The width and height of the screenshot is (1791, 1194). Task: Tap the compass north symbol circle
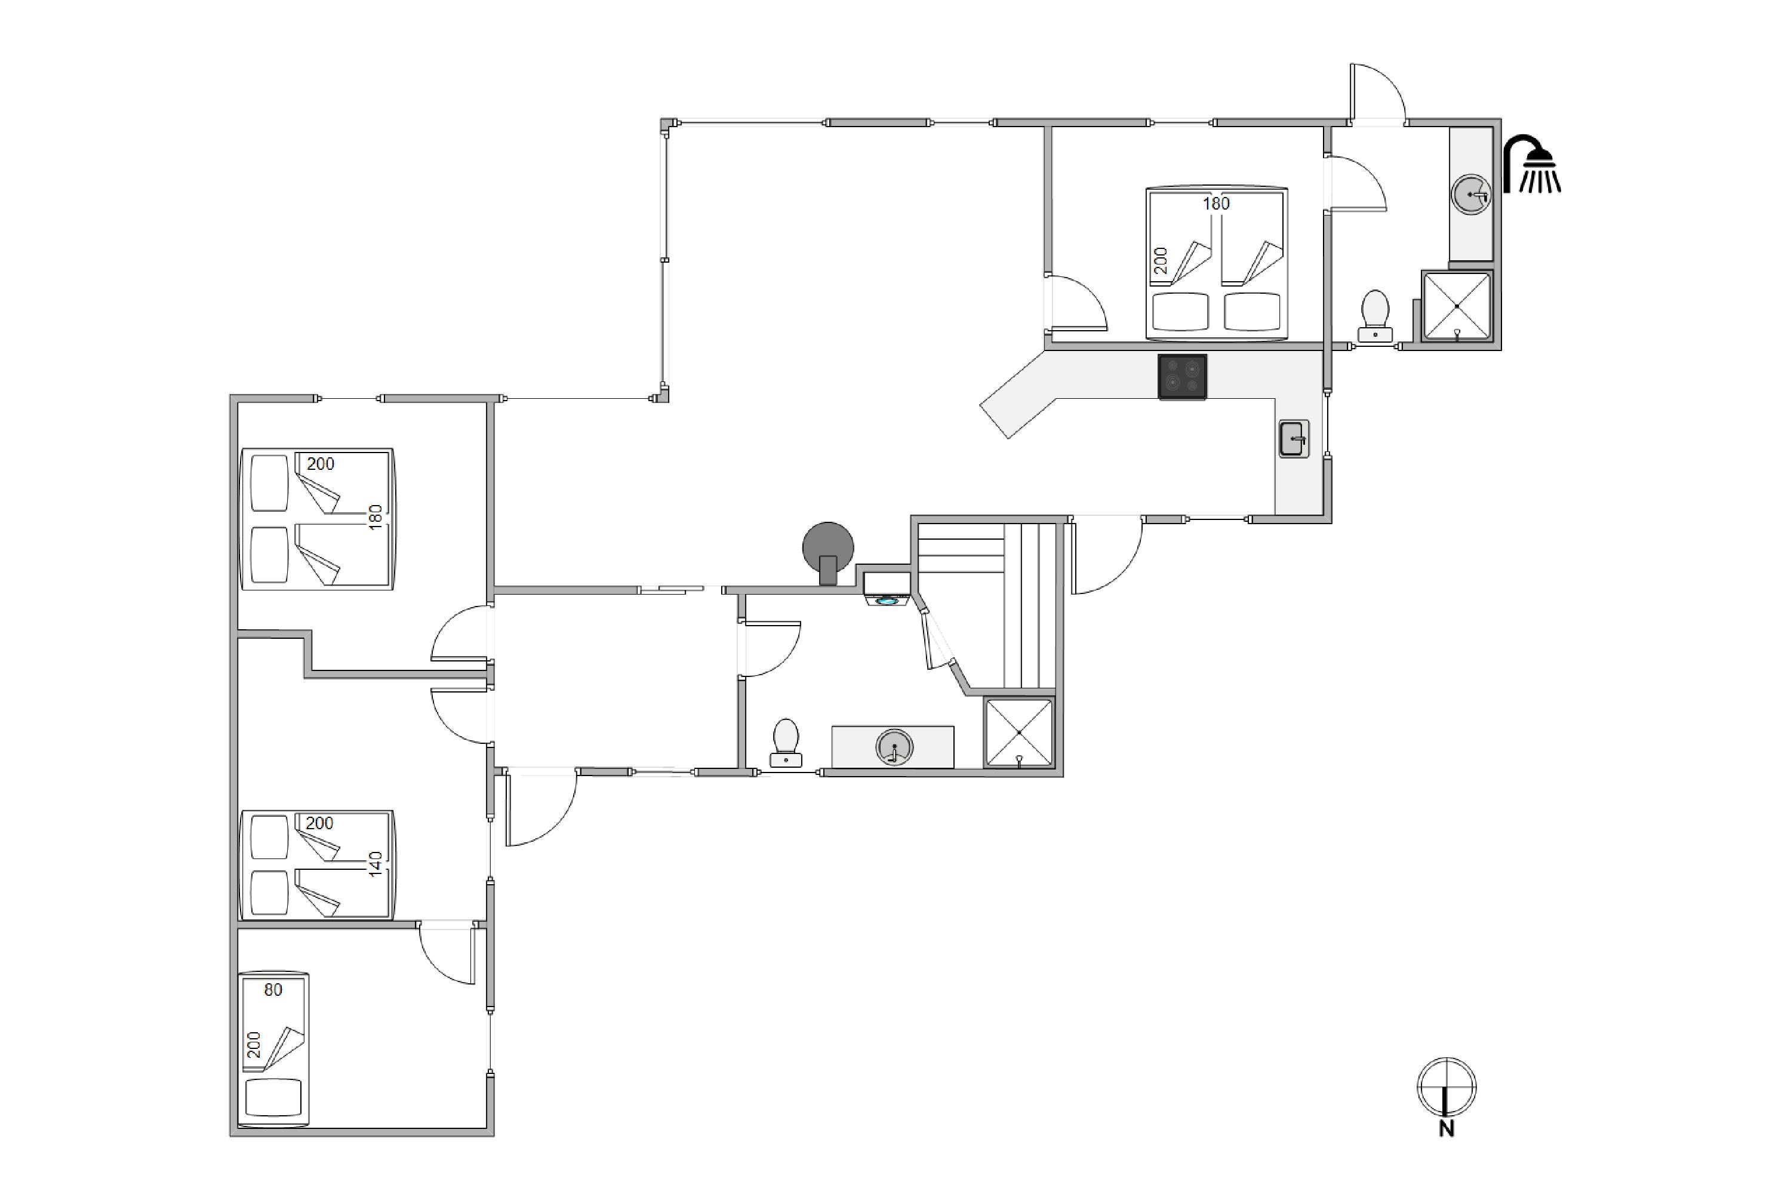(1447, 1087)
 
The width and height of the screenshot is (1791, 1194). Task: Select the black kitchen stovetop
(1183, 377)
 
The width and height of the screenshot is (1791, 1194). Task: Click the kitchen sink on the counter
(1294, 439)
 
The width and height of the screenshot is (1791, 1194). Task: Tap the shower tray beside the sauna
(1019, 733)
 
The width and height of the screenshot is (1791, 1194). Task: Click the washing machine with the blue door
(887, 589)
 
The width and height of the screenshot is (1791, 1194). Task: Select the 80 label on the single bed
(273, 990)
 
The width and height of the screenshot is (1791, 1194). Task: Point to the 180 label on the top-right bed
(1216, 204)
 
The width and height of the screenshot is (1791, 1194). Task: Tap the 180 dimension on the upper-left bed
(376, 517)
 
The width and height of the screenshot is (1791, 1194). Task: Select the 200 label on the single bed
(254, 1045)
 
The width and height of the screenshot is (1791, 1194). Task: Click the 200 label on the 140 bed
(320, 823)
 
